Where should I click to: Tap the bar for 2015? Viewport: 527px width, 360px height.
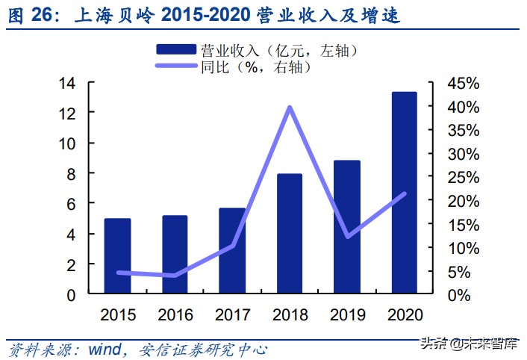[117, 256]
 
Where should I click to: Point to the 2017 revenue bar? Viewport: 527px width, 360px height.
[232, 251]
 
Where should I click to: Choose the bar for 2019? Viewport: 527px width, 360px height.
[347, 227]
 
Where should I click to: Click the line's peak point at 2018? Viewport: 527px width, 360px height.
[290, 108]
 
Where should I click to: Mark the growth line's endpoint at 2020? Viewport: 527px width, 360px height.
[405, 194]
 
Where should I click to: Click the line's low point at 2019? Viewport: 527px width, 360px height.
[347, 237]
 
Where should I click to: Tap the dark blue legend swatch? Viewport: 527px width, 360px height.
[175, 50]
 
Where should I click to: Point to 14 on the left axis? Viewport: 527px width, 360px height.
[66, 83]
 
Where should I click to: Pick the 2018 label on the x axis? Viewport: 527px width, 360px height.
[289, 314]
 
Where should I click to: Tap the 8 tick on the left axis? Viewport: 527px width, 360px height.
[71, 173]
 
